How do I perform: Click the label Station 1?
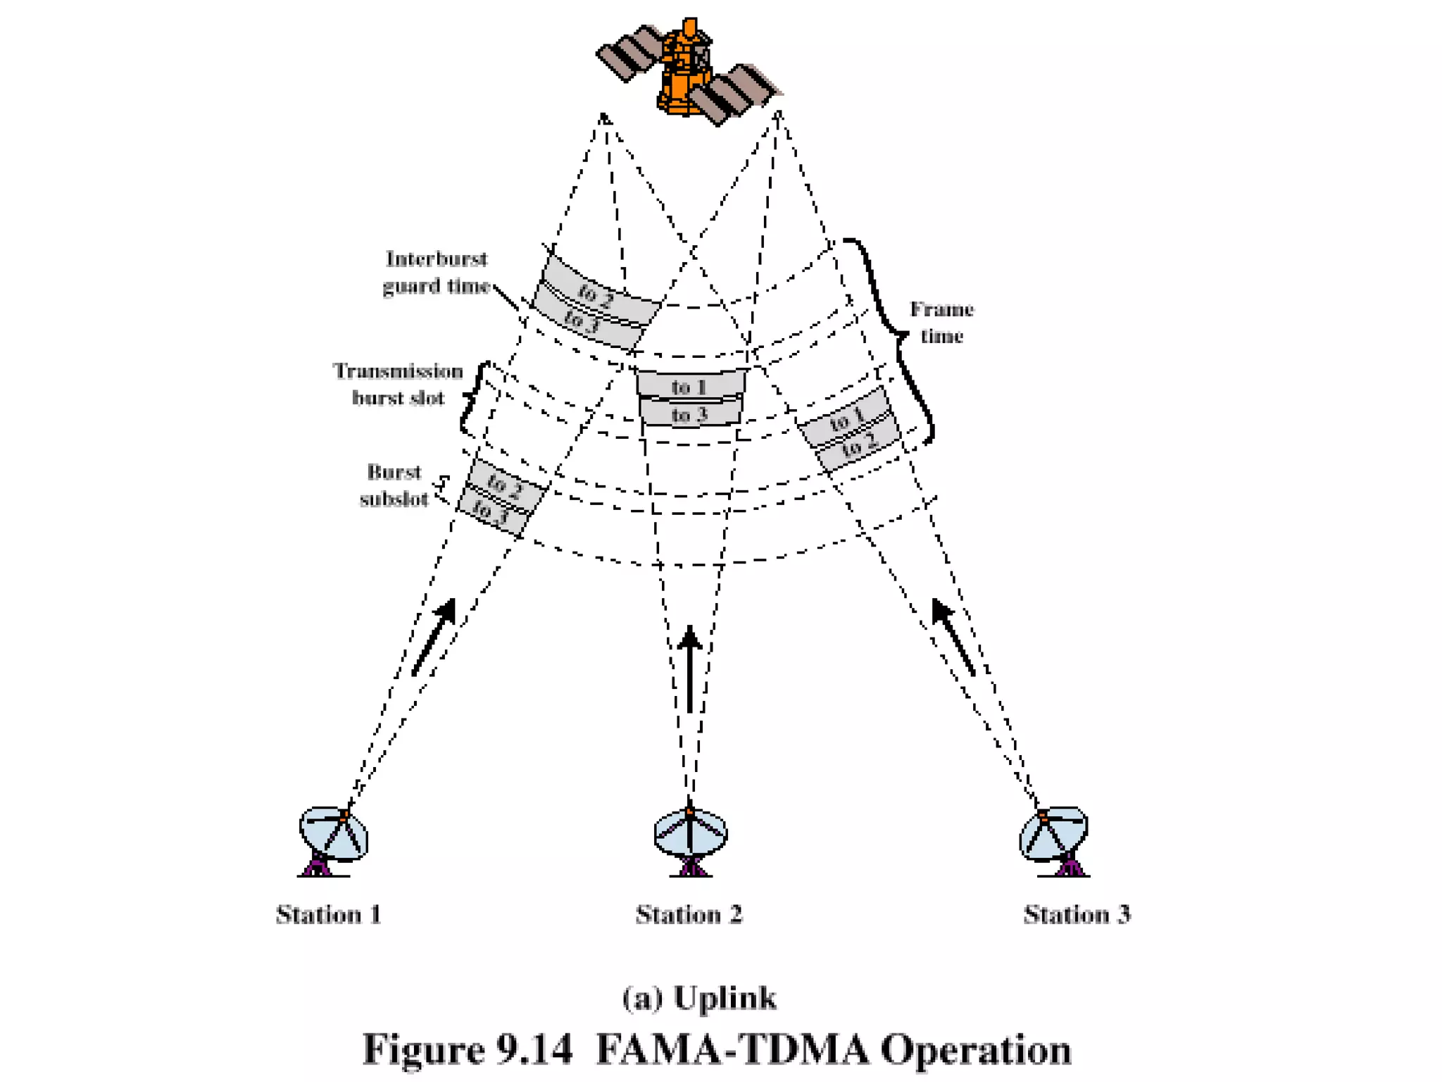(x=329, y=914)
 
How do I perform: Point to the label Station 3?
(x=1077, y=914)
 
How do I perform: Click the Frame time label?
(x=941, y=323)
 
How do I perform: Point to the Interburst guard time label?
(x=436, y=273)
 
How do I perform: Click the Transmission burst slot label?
(x=398, y=385)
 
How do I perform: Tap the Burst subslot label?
(x=394, y=485)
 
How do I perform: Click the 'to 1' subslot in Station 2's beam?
(x=690, y=386)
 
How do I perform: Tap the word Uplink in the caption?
(x=725, y=998)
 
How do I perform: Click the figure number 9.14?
(x=534, y=1050)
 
